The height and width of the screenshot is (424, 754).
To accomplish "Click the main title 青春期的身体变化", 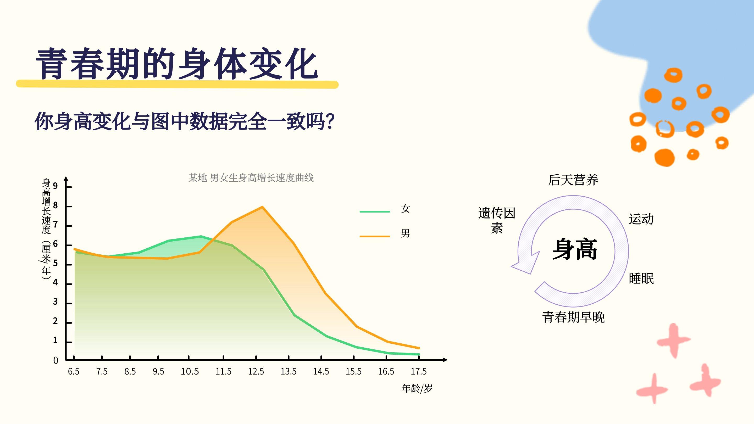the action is tap(177, 64).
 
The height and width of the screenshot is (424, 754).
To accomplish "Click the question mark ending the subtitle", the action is tap(330, 121).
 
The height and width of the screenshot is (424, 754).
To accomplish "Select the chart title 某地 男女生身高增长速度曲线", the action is tap(251, 178).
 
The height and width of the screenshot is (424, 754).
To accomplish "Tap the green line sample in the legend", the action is tap(375, 211).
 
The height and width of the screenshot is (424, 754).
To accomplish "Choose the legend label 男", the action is tap(405, 233).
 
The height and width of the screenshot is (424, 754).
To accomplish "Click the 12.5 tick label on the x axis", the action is tap(256, 371).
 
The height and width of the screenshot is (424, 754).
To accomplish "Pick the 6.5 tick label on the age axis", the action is tap(74, 371).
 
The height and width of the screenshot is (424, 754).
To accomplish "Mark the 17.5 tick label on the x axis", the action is tap(419, 371).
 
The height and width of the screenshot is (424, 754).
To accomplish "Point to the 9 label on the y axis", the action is tap(55, 186).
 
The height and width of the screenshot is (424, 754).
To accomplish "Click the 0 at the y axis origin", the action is tap(56, 360).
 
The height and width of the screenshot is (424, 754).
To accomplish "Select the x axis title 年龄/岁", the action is tap(417, 388).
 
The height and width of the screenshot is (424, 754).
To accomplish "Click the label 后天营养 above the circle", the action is tap(573, 180).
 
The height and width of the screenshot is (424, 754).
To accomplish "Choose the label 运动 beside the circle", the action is tap(641, 219).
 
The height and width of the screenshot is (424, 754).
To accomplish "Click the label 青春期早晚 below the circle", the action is tap(573, 317).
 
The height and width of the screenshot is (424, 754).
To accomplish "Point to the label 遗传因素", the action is tap(497, 220).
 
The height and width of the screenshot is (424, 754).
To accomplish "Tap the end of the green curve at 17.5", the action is tap(419, 354).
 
